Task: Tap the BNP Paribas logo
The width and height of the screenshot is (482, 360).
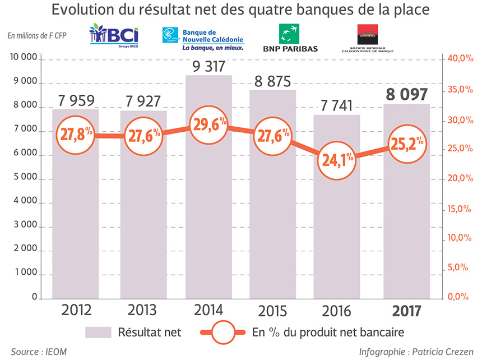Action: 290,38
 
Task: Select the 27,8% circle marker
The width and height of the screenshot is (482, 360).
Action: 75,135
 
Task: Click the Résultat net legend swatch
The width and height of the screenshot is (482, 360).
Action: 99,332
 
